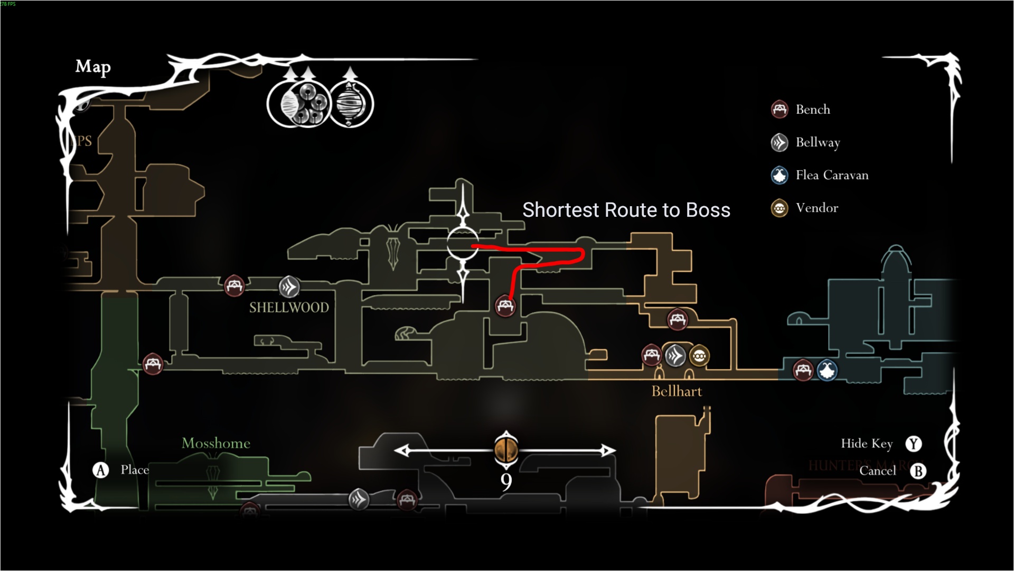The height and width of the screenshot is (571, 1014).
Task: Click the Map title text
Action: (x=93, y=67)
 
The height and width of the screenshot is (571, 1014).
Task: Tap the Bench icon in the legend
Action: (x=780, y=109)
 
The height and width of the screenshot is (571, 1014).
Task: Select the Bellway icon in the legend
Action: (x=780, y=142)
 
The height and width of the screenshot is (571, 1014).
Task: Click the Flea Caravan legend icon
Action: (x=780, y=175)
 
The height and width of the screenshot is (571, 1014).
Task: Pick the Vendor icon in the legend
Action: (x=780, y=208)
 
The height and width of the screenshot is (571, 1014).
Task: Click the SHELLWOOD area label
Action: (x=289, y=307)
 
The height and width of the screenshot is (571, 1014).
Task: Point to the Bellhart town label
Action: (x=677, y=391)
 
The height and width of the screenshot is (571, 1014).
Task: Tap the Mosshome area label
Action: (x=216, y=443)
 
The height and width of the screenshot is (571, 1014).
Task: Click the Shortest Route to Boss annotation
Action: (x=626, y=210)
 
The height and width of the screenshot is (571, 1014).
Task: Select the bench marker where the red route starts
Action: (x=505, y=306)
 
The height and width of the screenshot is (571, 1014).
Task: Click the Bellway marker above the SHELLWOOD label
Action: (x=289, y=287)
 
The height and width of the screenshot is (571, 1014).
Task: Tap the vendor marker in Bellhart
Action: (x=699, y=356)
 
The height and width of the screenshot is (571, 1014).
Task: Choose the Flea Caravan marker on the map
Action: (x=827, y=370)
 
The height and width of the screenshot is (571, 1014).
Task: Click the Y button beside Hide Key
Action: (x=914, y=444)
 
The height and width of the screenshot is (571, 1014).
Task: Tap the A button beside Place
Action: (x=101, y=470)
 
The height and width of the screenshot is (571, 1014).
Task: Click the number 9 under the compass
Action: (x=506, y=482)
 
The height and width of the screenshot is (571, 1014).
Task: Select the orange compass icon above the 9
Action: (x=506, y=450)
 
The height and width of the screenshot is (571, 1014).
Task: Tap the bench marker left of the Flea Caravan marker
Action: (x=803, y=370)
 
